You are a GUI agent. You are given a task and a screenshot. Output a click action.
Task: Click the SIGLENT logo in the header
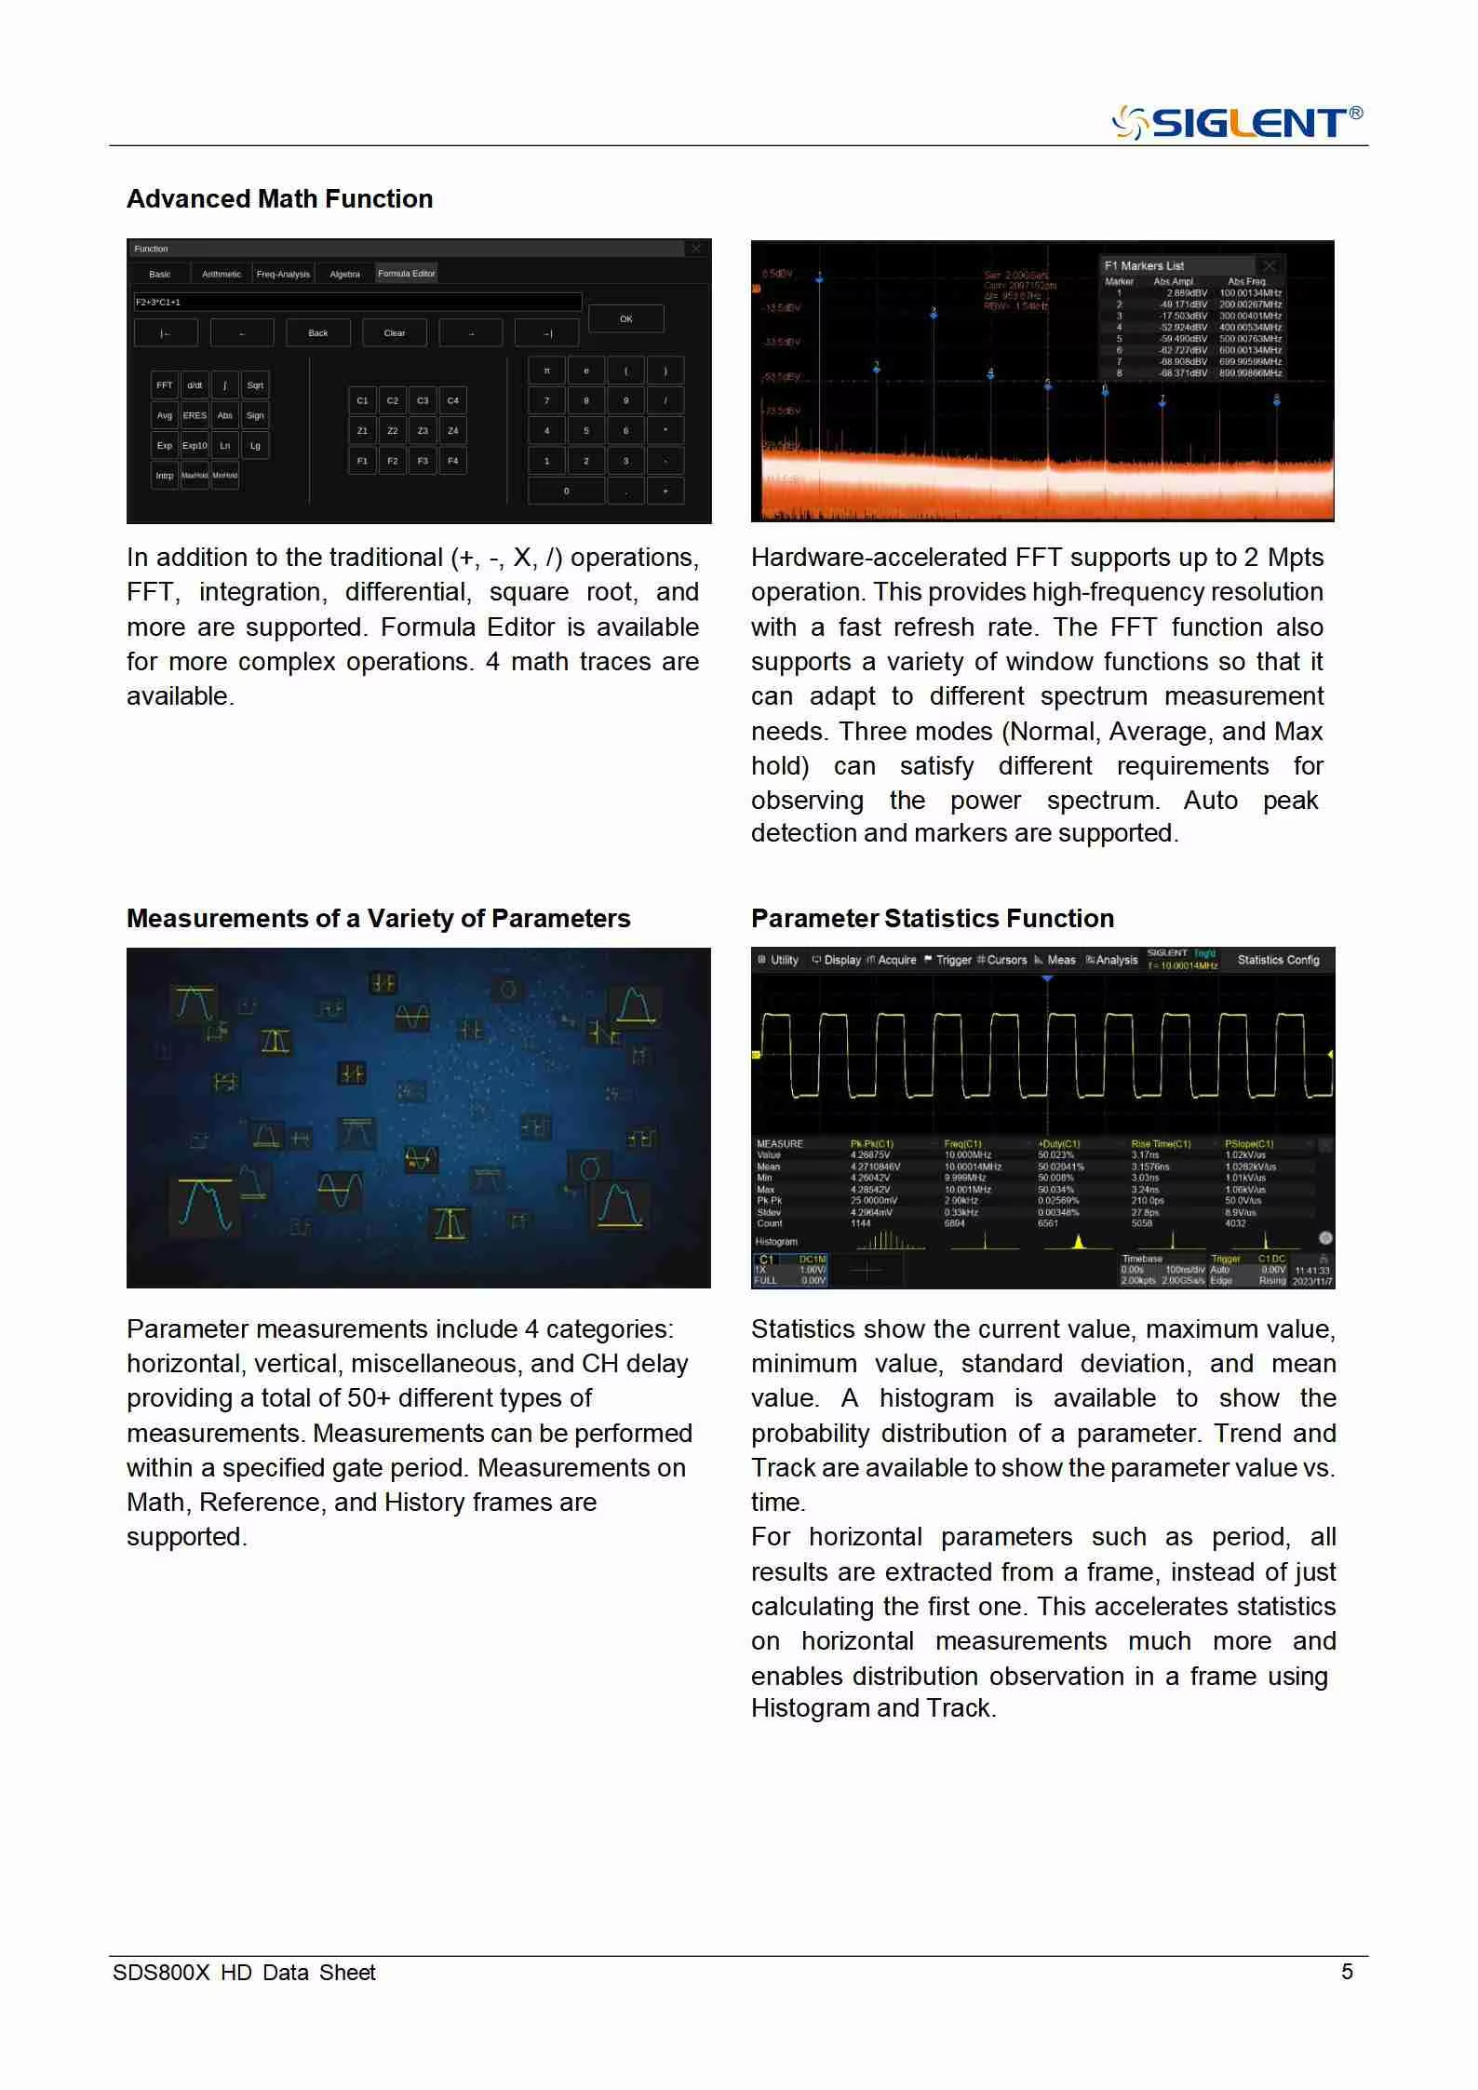point(1238,123)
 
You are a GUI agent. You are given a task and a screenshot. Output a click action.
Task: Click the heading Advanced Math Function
point(279,198)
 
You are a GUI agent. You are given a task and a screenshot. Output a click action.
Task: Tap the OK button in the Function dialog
point(625,318)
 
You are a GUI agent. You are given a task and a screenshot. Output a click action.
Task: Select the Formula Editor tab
point(406,274)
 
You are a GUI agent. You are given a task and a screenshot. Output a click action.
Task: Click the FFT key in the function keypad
point(165,385)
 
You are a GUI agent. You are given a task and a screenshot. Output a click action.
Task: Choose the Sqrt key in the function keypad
point(255,385)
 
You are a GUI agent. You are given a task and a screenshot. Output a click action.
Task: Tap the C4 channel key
point(452,400)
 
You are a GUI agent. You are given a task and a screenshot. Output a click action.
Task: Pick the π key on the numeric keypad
point(547,371)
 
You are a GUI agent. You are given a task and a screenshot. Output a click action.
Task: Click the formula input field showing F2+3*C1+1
point(357,302)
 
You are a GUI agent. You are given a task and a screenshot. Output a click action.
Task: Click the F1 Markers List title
point(1144,265)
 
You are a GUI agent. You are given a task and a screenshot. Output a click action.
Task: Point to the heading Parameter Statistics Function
point(932,918)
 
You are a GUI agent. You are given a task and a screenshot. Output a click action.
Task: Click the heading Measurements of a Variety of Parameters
point(378,918)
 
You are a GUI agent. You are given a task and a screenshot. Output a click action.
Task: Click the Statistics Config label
point(1278,960)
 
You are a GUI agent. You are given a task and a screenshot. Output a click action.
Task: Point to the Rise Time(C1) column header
point(1161,1143)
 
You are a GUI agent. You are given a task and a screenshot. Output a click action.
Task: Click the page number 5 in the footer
point(1346,1971)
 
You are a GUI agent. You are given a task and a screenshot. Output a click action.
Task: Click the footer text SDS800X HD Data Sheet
point(244,1972)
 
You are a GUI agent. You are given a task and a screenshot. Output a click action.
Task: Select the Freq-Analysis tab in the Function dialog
point(283,274)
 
